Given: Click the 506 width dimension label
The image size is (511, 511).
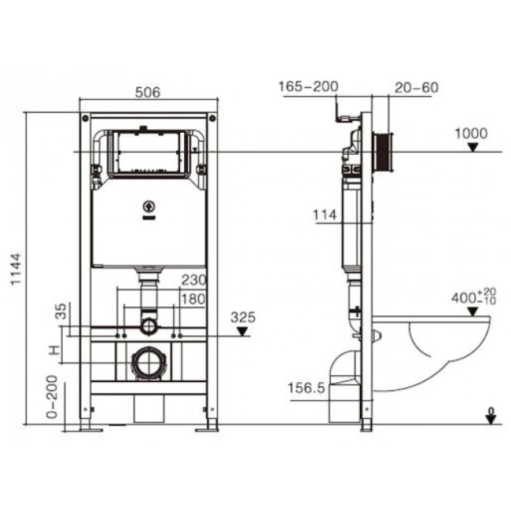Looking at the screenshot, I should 147,92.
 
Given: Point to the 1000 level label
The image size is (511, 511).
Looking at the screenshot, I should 471,134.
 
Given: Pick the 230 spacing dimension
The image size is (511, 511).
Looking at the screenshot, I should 193,281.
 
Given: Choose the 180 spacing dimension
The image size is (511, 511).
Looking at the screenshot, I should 193,299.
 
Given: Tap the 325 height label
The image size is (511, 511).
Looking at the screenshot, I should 244,318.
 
